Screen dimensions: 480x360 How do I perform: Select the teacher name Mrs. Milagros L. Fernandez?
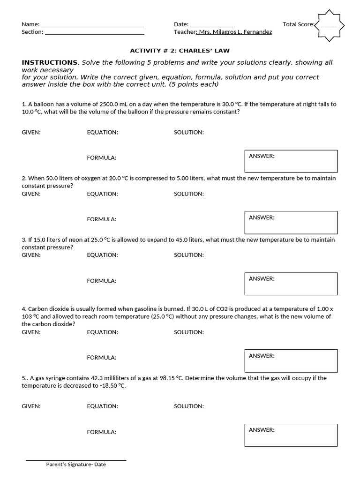pyautogui.click(x=235, y=32)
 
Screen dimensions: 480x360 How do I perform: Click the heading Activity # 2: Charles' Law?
pyautogui.click(x=180, y=51)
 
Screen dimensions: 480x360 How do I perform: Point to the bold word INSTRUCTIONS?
pyautogui.click(x=50, y=62)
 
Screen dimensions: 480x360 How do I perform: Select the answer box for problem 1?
pyautogui.click(x=291, y=161)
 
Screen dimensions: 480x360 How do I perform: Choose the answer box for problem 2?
pyautogui.click(x=291, y=222)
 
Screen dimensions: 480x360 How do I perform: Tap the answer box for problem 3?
pyautogui.click(x=291, y=284)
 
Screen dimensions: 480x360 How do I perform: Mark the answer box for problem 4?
pyautogui.click(x=291, y=360)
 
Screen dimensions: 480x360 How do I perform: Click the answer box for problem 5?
pyautogui.click(x=291, y=435)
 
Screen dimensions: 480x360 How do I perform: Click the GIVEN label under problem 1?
pyautogui.click(x=31, y=132)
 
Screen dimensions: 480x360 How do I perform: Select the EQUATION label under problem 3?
pyautogui.click(x=103, y=255)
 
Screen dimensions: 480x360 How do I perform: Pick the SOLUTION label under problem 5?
pyautogui.click(x=189, y=406)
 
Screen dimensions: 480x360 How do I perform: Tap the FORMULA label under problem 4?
pyautogui.click(x=102, y=357)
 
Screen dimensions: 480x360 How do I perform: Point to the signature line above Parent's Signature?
pyautogui.click(x=76, y=460)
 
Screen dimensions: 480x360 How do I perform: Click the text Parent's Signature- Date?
pyautogui.click(x=76, y=465)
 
